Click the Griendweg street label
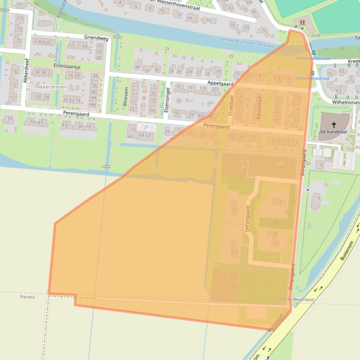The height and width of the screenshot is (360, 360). click(x=96, y=38)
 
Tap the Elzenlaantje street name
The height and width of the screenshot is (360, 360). click(x=67, y=67)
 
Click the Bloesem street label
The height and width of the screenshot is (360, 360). click(x=125, y=95)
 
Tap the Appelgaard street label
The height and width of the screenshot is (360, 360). click(x=220, y=83)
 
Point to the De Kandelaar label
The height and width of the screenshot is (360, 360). click(x=334, y=132)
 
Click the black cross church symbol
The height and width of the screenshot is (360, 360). click(x=334, y=124)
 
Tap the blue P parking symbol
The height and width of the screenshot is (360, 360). click(x=146, y=127)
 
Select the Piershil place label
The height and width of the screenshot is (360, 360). click(x=28, y=297)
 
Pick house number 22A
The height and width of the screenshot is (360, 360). click(x=231, y=279)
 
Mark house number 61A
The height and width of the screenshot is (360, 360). click(x=316, y=36)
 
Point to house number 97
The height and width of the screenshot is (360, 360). click(x=10, y=119)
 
